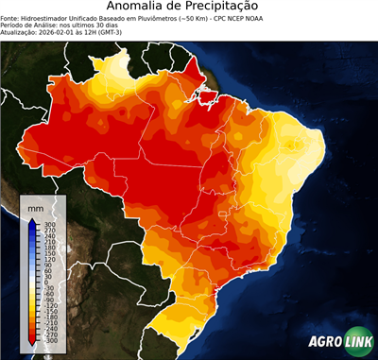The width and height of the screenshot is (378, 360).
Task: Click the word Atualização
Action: [x=22, y=33]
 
